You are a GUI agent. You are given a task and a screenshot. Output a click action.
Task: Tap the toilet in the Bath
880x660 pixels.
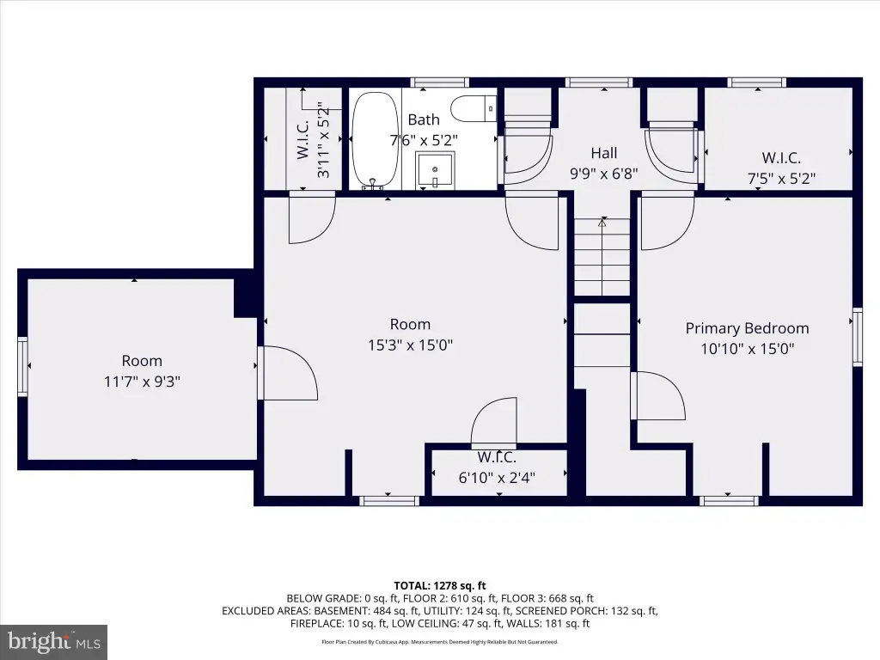point(474,109)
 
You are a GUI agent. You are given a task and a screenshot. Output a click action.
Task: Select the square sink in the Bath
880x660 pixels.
point(434,170)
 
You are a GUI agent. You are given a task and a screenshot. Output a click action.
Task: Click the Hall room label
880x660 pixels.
point(604,153)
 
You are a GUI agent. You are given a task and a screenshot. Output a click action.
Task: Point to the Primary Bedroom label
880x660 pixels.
point(747,328)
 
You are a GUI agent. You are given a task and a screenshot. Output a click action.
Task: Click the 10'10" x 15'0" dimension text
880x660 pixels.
point(747,349)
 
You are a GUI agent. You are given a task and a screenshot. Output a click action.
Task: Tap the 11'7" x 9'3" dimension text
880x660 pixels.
point(142,382)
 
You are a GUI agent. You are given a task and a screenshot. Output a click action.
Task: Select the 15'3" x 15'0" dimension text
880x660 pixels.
point(410,345)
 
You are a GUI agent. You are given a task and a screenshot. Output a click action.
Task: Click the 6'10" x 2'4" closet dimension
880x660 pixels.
point(497,478)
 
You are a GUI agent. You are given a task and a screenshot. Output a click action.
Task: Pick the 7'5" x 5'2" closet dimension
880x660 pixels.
point(781,179)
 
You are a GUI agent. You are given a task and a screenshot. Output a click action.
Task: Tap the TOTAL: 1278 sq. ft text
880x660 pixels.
point(440,586)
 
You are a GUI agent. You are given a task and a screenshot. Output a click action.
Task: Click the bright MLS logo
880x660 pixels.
point(54,642)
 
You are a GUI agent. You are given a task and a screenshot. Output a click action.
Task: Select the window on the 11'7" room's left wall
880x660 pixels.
point(22,366)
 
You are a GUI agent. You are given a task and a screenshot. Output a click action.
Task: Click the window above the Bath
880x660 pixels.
point(439,82)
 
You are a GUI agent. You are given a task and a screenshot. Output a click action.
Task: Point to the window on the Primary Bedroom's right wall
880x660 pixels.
point(857,337)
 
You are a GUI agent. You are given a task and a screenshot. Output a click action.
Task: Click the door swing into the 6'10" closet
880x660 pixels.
point(493,421)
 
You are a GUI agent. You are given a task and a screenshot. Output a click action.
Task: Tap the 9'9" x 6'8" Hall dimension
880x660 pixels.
point(604,174)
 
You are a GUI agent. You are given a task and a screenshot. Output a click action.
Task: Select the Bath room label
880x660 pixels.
point(424,119)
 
